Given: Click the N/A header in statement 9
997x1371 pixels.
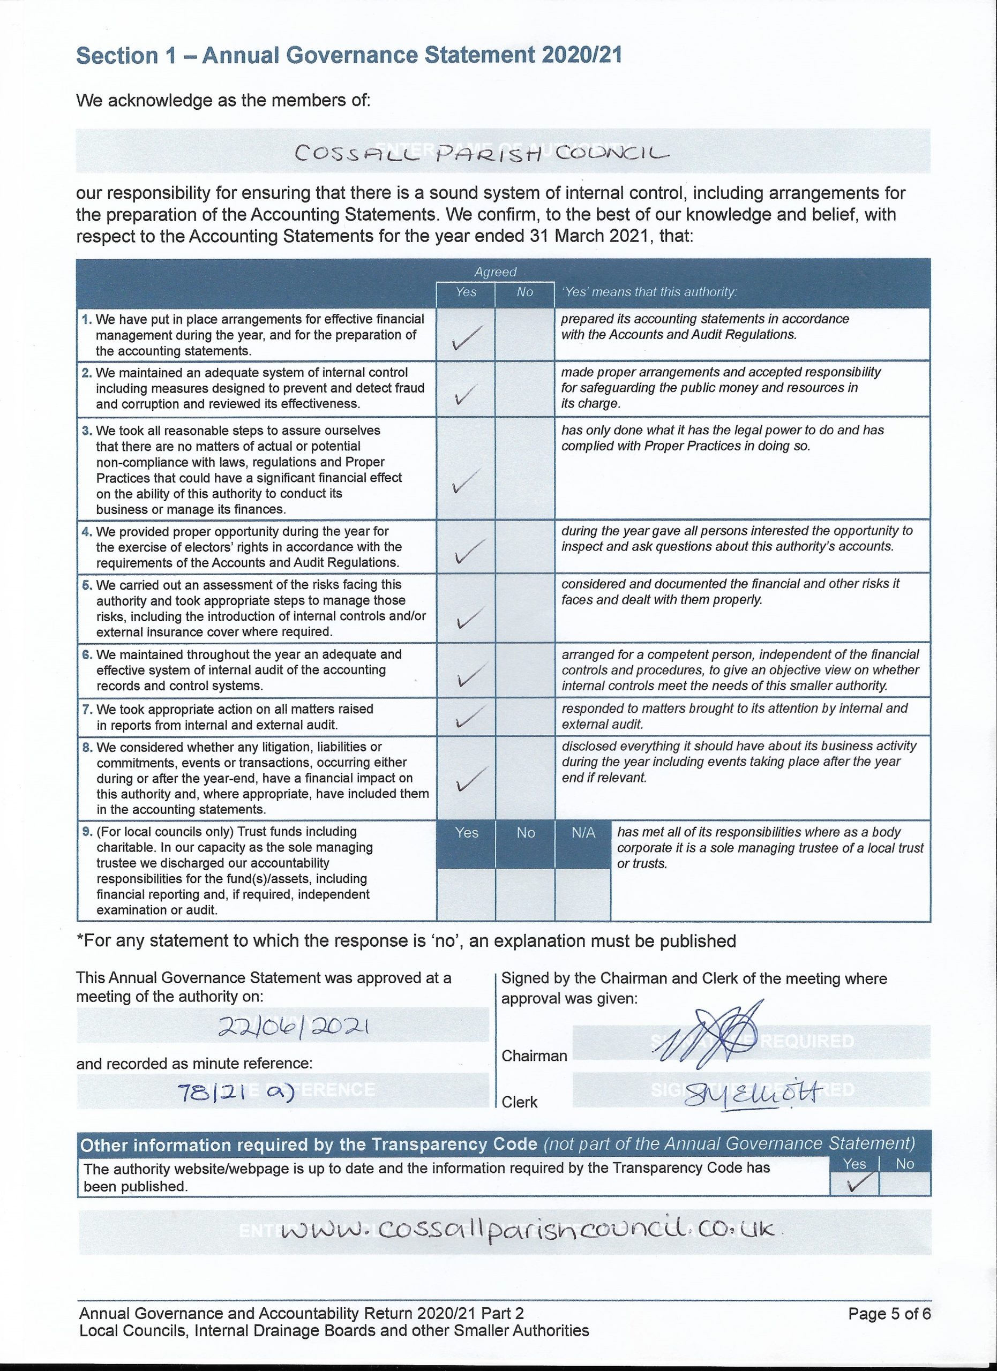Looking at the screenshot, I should click(x=583, y=833).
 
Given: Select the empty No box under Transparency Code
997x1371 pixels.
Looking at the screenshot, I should click(x=904, y=1183).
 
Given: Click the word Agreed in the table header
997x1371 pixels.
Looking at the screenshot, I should click(x=495, y=272).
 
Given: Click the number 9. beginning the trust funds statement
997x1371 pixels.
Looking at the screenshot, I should click(x=86, y=832).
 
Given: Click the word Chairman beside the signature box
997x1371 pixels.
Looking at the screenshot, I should click(x=535, y=1056).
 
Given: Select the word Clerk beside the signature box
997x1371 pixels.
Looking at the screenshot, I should click(x=519, y=1102).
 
